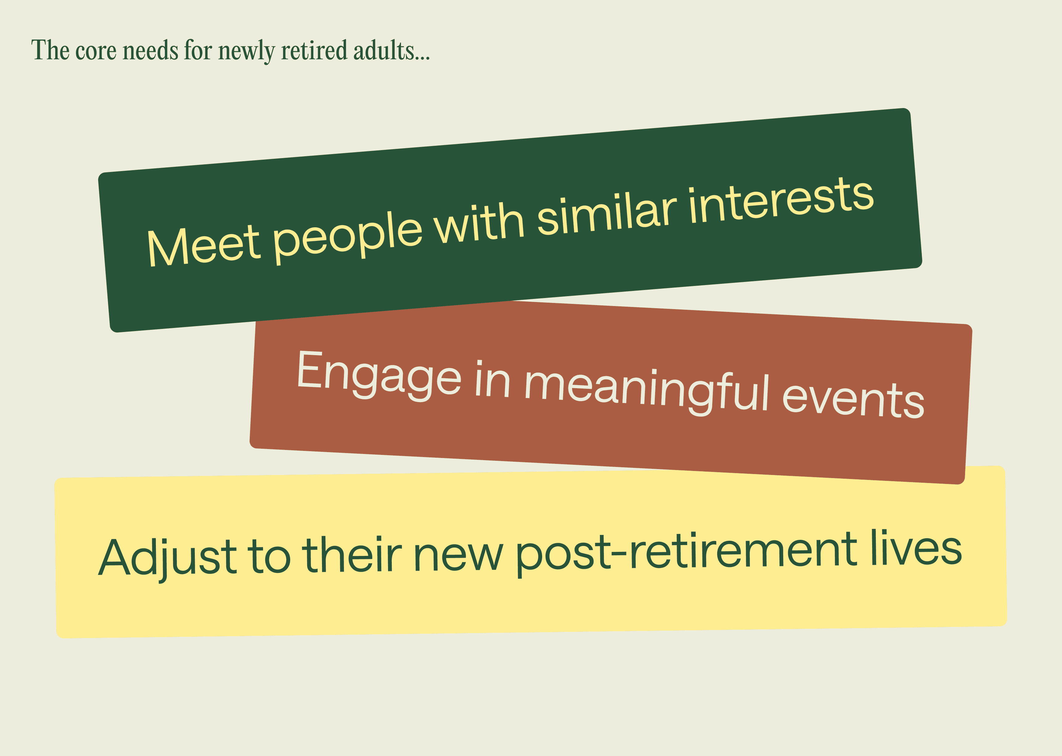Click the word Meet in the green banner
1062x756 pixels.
(x=203, y=245)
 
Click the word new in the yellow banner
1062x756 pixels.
(x=458, y=554)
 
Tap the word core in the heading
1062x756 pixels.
(x=96, y=52)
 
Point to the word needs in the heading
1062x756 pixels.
(x=150, y=50)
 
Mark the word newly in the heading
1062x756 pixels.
(x=247, y=52)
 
